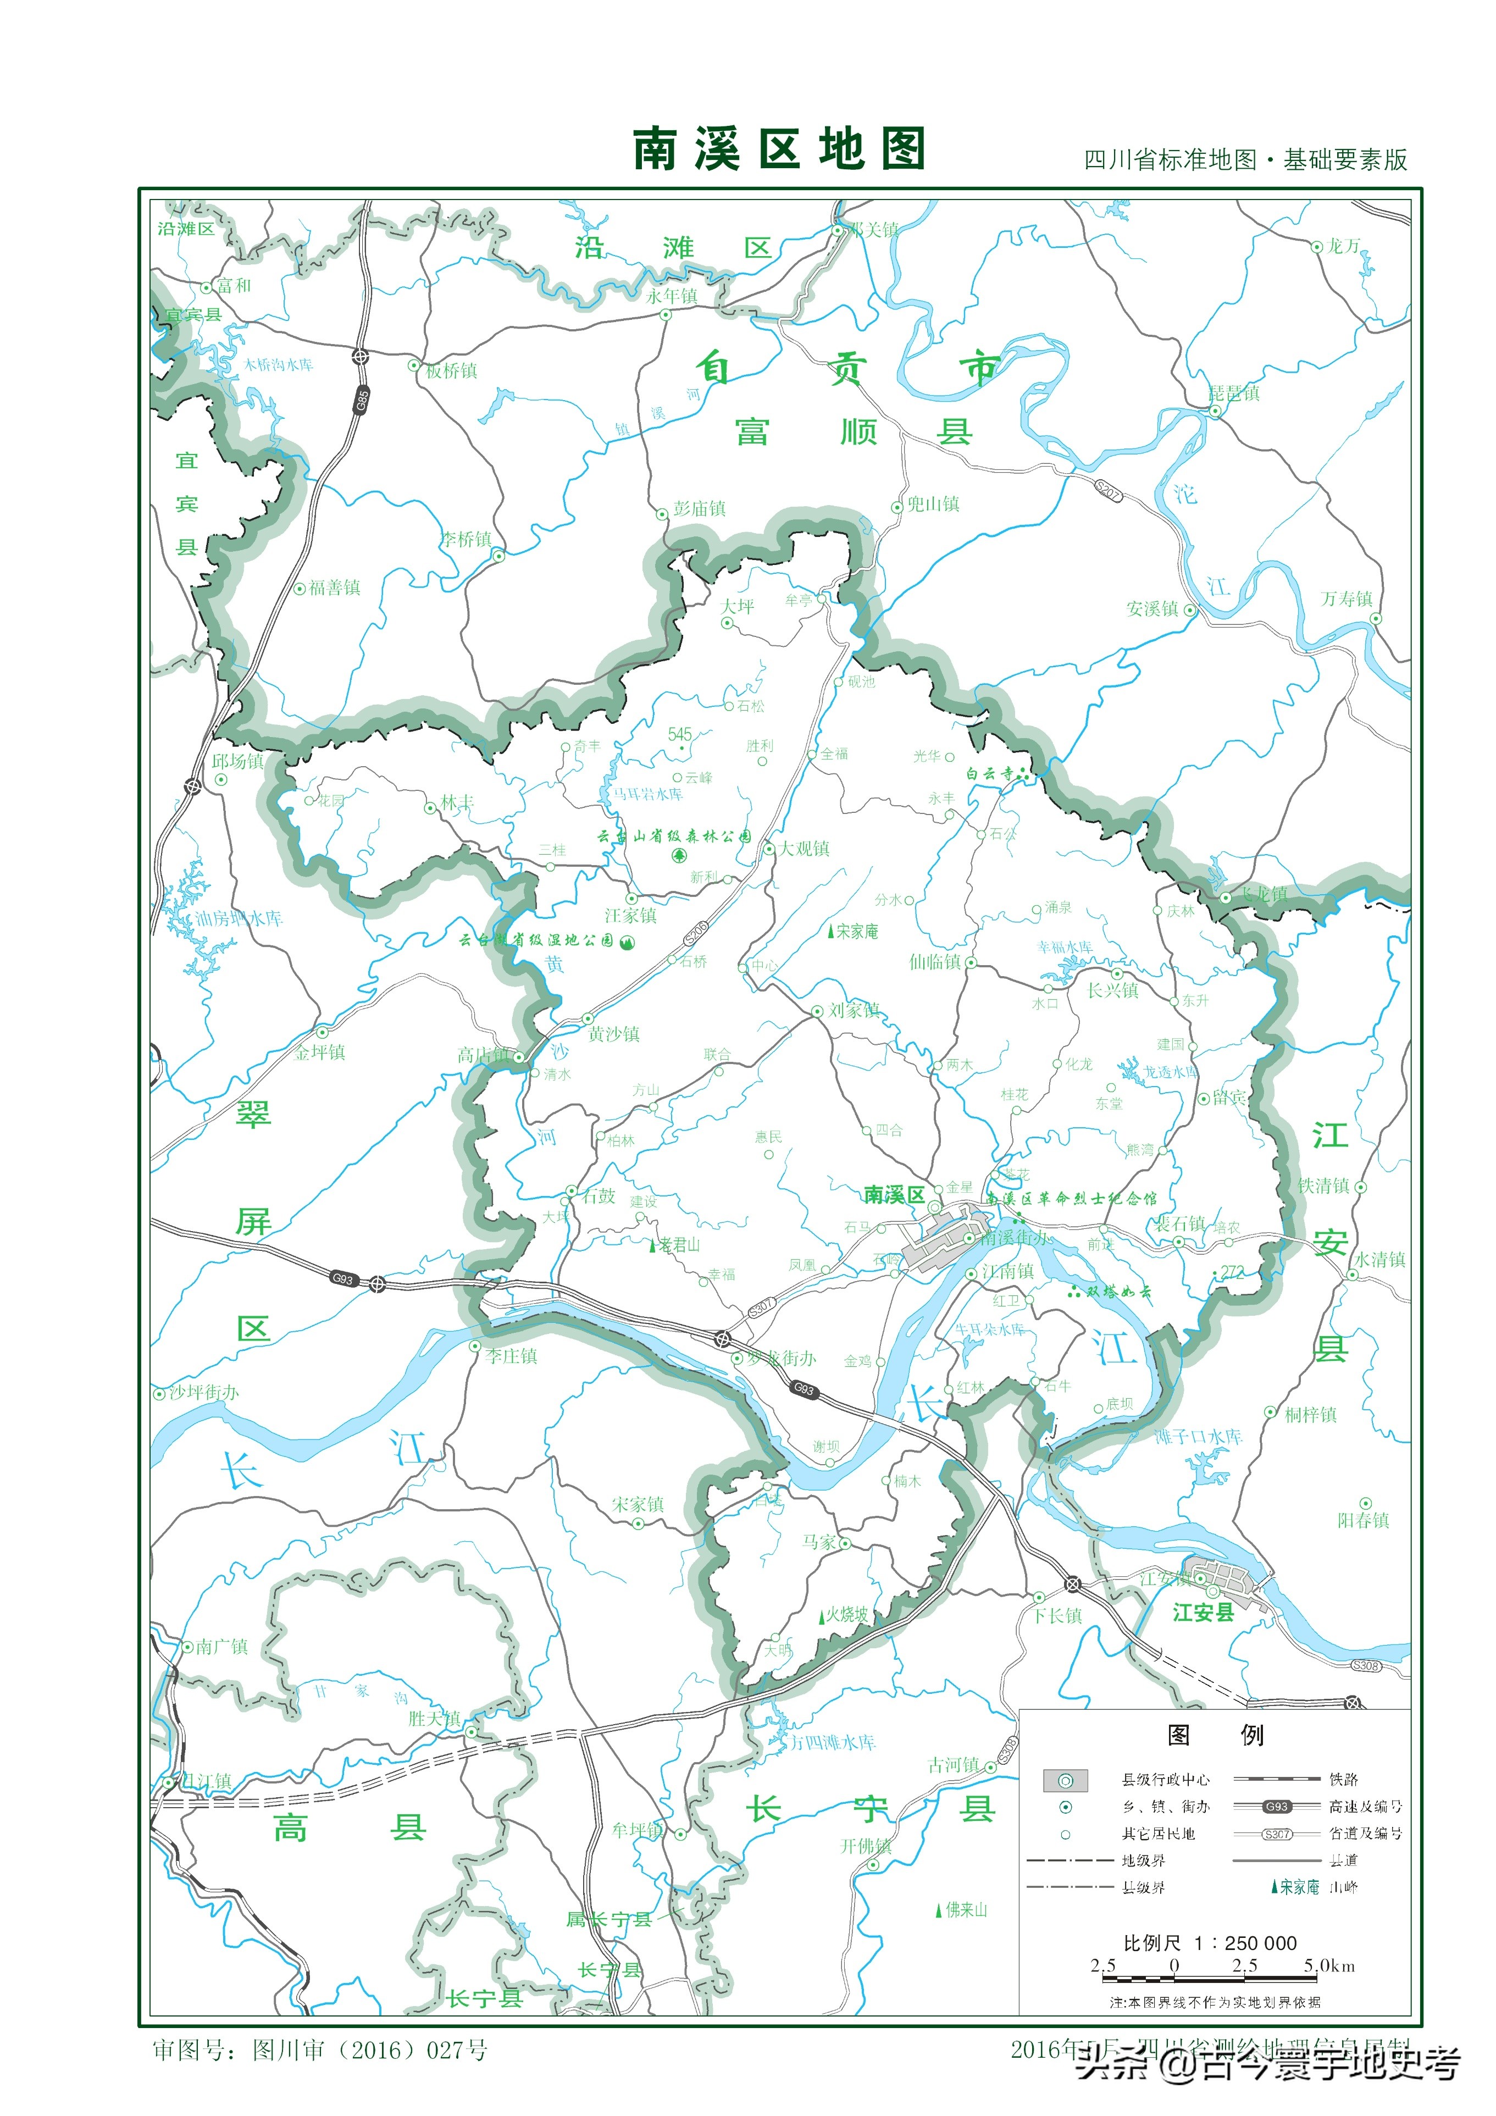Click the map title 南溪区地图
click(778, 149)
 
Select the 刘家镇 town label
click(854, 1010)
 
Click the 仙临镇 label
click(935, 962)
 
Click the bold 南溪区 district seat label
click(894, 1195)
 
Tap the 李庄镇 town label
click(512, 1356)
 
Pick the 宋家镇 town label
click(638, 1504)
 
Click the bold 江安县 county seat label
click(1203, 1613)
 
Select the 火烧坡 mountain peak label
click(846, 1615)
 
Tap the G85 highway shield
click(362, 401)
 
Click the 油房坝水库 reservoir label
click(239, 919)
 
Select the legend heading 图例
click(1214, 1735)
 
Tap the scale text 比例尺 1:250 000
click(1209, 1943)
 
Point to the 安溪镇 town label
click(1152, 609)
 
